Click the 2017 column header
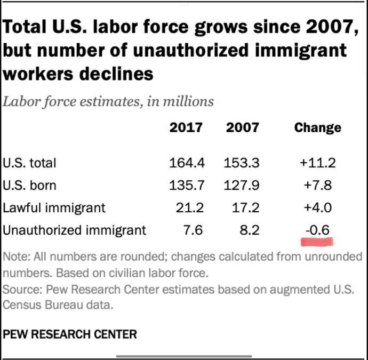(186, 128)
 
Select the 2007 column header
(242, 128)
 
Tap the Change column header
(317, 128)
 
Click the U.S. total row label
(29, 163)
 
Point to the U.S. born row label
(29, 186)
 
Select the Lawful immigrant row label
(54, 207)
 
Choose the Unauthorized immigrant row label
(74, 230)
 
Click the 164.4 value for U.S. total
(186, 163)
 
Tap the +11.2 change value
(317, 163)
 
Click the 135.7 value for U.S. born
(186, 186)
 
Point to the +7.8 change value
(317, 186)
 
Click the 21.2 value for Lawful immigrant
(189, 207)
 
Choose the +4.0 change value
(317, 207)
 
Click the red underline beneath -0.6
(317, 242)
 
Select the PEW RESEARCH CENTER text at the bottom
(70, 334)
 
